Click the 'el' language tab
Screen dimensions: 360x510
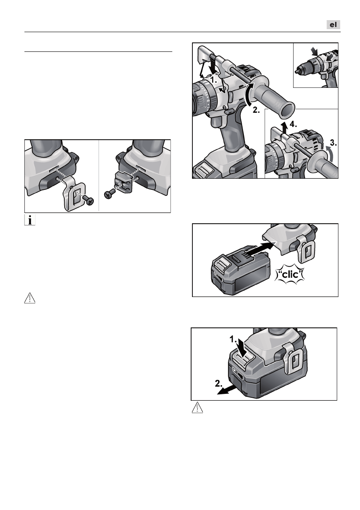tap(333, 25)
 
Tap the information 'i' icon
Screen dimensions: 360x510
tap(30, 220)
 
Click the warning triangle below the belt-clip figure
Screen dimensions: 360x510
tap(30, 298)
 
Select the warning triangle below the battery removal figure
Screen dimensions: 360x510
tap(197, 408)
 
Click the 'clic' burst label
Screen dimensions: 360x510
tap(290, 274)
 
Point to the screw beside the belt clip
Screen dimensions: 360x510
tap(88, 200)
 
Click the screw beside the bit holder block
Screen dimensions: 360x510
tap(109, 194)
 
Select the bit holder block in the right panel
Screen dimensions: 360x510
tap(124, 182)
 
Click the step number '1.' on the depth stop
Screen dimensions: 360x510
tap(213, 79)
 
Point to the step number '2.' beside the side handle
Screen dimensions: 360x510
tap(256, 110)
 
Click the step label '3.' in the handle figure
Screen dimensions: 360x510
tap(333, 142)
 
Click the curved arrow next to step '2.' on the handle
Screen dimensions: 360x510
tap(248, 94)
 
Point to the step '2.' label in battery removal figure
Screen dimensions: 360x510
tap(219, 384)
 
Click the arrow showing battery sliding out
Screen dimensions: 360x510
tap(227, 389)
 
